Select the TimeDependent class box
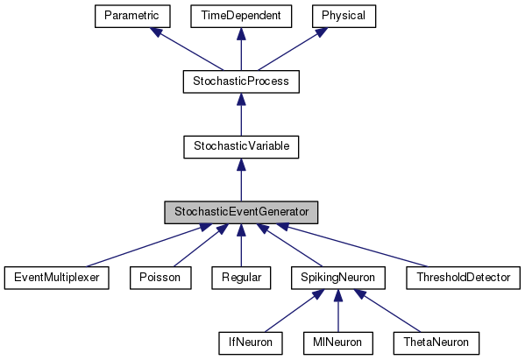[x=241, y=16]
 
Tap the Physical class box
[x=345, y=16]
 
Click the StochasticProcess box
[x=241, y=81]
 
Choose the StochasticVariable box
[x=241, y=146]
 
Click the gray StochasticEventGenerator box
[x=241, y=212]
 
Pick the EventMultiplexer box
[x=56, y=278]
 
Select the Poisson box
[x=159, y=278]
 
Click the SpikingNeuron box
[x=337, y=278]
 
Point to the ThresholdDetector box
[x=463, y=278]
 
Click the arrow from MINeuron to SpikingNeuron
[x=337, y=311]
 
